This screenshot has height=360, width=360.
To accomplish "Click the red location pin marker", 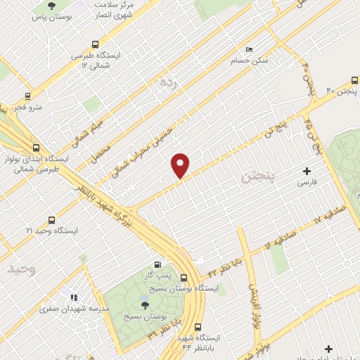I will (x=181, y=165).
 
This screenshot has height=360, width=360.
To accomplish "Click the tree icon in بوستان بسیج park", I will (x=145, y=304).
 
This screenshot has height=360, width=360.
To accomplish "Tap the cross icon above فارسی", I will (x=307, y=171).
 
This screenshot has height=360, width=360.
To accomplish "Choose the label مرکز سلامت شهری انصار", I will (x=115, y=8).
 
